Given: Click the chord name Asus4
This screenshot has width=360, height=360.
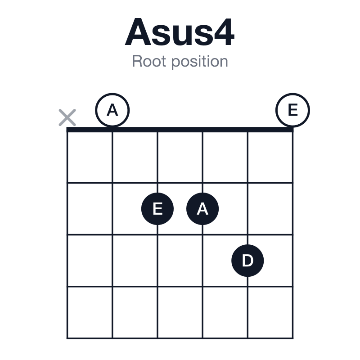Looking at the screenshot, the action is pos(180,32).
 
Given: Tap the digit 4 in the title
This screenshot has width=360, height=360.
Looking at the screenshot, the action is pos(224,31).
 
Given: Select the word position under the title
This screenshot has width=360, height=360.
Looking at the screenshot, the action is pos(200,62).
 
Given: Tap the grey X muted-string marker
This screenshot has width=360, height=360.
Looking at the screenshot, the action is pos(67,117).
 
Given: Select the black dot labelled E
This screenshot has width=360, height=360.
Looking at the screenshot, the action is pos(157,209).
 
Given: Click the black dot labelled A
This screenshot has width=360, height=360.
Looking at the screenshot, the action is pos(202,209).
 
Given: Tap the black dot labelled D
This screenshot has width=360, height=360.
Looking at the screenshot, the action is pos(247,261).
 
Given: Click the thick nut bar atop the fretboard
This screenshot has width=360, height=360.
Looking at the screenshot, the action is pos(180,130).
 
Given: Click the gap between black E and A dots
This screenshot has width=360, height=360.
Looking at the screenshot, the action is pos(180,209).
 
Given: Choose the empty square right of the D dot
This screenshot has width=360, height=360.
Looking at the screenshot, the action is pos(270,261).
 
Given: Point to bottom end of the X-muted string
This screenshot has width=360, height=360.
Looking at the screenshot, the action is pos(67,338).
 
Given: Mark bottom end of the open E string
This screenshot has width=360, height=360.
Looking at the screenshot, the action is pos(293,338).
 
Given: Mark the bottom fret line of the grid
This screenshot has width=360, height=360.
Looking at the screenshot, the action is pos(180,338).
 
